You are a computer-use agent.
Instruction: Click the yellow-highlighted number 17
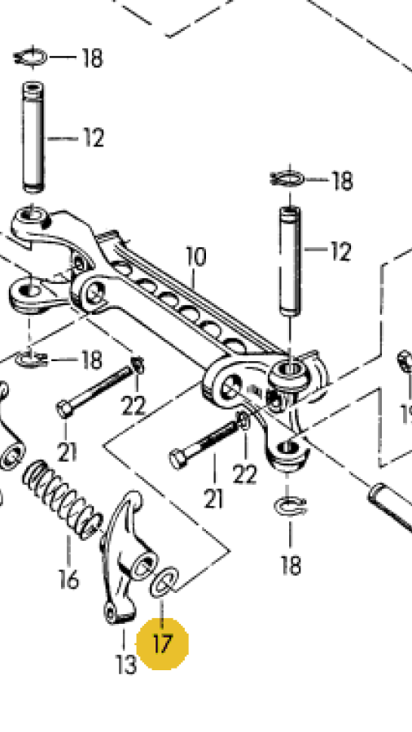coord(162,645)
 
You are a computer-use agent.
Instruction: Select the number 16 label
coord(68,579)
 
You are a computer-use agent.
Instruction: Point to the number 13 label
coord(126,664)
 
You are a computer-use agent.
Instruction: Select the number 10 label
coord(195,257)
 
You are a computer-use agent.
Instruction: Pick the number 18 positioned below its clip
coord(291,565)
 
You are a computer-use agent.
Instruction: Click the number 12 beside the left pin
coord(94,138)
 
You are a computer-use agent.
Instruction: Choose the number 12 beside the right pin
coord(340,251)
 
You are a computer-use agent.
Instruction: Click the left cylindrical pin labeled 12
coord(33,137)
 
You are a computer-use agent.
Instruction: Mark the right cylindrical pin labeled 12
coord(290,261)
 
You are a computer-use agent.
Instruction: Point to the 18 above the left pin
coord(92,58)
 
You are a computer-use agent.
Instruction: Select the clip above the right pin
coord(287,179)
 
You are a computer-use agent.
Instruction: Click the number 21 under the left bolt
coord(66,452)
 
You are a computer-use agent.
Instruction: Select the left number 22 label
coord(134,406)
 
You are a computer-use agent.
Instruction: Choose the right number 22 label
coord(245,475)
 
